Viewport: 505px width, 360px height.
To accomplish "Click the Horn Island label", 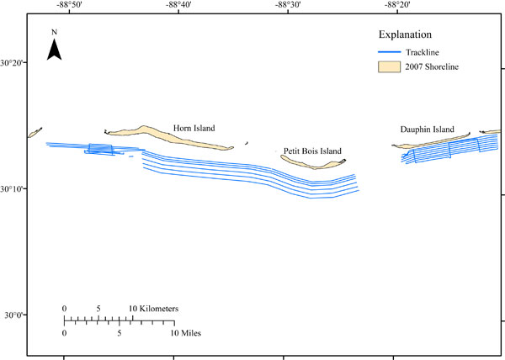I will [x=194, y=128].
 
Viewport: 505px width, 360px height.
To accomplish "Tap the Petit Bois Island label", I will [x=312, y=151].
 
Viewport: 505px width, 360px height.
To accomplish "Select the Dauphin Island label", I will [x=428, y=129].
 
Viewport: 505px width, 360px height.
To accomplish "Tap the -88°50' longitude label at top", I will [x=64, y=6].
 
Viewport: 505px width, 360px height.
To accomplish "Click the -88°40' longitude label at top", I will [x=173, y=6].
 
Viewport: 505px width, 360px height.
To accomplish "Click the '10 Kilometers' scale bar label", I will [x=154, y=309].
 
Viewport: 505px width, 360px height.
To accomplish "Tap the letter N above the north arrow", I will [x=54, y=33].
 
